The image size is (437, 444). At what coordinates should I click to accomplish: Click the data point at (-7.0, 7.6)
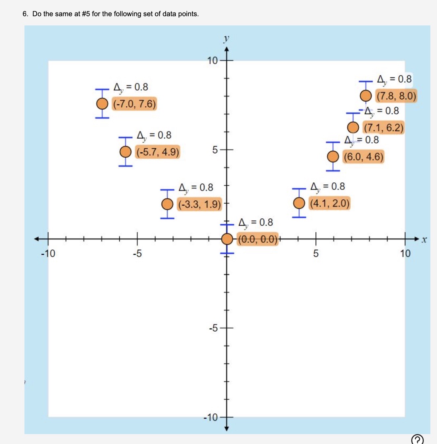(102, 104)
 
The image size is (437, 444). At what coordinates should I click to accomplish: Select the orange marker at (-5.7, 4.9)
(125, 152)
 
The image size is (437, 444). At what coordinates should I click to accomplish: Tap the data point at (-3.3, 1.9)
(167, 204)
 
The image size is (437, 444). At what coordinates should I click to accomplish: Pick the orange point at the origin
(227, 239)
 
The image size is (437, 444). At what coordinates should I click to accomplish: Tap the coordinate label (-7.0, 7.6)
(134, 104)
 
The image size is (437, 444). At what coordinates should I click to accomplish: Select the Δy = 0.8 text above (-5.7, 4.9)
(154, 135)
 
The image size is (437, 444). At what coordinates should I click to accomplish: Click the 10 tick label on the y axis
(212, 61)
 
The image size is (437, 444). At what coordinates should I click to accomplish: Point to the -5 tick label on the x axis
(137, 254)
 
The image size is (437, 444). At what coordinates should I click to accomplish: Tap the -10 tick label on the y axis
(211, 418)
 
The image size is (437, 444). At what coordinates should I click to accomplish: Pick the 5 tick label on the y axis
(215, 150)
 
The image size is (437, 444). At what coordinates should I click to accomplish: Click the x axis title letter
(424, 240)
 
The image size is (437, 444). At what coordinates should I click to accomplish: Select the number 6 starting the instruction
(25, 14)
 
